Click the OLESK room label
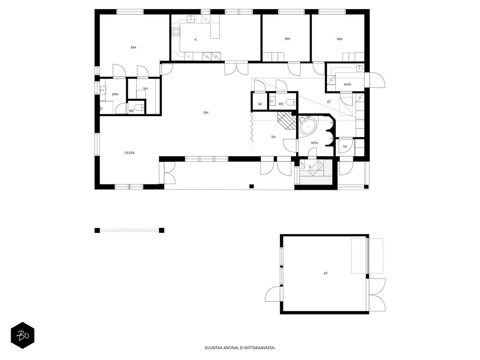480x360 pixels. point(130,153)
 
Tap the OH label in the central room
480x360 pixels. point(206,112)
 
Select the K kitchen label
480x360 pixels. point(196,40)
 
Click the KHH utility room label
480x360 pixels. point(347,85)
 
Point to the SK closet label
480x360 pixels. point(260,104)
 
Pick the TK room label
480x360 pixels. point(345,147)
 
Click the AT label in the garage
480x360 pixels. point(326,273)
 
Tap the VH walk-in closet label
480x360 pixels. point(145,89)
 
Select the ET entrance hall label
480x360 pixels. point(329,102)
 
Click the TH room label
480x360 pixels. point(274,137)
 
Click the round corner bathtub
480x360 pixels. point(309,126)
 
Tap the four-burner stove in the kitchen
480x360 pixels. point(176,31)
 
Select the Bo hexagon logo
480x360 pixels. point(22,336)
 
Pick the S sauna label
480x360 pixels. point(310,167)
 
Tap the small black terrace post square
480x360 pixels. point(251,186)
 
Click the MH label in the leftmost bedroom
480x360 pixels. point(134,47)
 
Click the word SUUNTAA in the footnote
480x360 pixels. point(211,348)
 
